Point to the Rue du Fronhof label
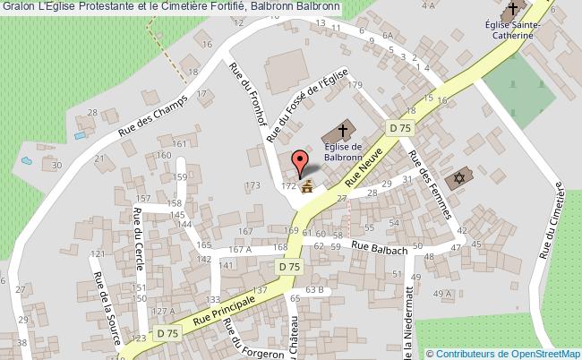(x=252, y=101)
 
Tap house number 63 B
(x=313, y=290)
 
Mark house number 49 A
(x=442, y=294)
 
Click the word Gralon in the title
(x=19, y=8)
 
